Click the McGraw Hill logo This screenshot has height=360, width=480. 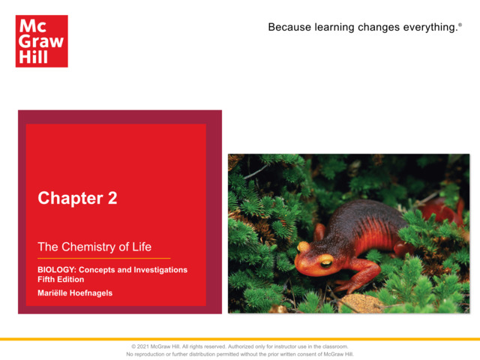(x=42, y=41)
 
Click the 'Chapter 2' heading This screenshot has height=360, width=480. (x=77, y=199)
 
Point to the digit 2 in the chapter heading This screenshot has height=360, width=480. (x=112, y=199)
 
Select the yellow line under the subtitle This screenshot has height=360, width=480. (x=104, y=258)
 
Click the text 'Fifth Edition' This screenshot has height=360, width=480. (x=62, y=279)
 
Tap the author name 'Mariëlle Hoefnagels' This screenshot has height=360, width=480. (x=75, y=292)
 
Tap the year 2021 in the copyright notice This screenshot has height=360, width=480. (x=148, y=346)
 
